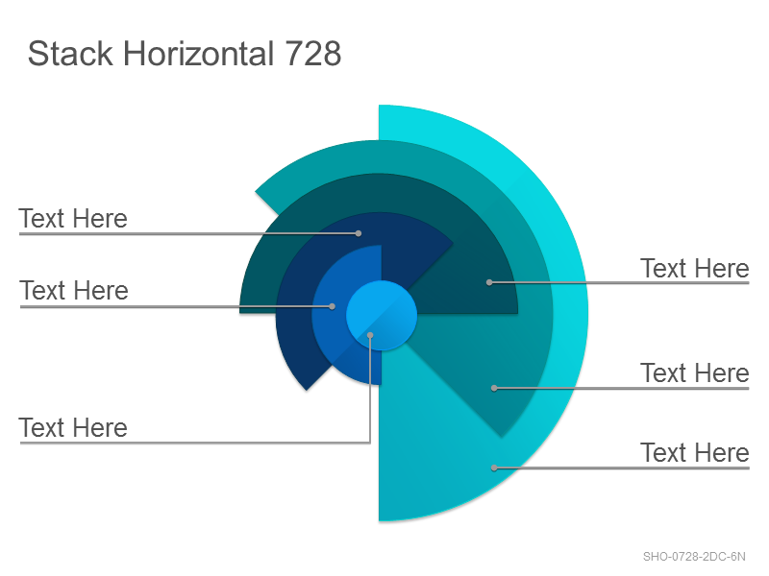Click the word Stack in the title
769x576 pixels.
pos(70,54)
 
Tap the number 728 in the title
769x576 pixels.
pos(313,54)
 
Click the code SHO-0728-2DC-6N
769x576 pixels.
pos(694,557)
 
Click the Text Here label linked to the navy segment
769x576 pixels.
pos(73,219)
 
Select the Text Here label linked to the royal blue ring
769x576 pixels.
pos(74,291)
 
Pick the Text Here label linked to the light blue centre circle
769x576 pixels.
pos(73,427)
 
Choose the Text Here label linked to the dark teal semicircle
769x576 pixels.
pos(694,269)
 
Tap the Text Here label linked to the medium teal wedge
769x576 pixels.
pos(694,373)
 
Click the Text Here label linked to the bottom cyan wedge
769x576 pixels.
pos(694,452)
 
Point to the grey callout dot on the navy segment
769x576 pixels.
pos(359,233)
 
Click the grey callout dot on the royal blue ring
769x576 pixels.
pos(332,306)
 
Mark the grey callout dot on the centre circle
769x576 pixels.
pos(370,335)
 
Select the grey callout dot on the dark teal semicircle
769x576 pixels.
pos(489,282)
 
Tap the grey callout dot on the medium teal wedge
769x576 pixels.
pos(494,389)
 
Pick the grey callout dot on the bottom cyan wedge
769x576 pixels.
pos(494,468)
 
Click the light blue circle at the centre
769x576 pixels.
pos(382,316)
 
